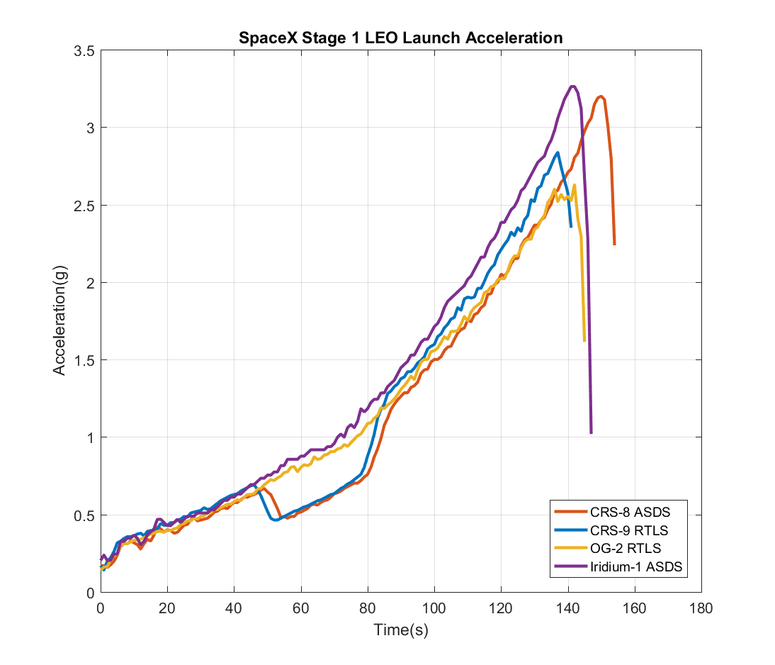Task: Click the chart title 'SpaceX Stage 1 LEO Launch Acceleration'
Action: pos(400,38)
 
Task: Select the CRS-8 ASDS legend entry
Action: pos(628,512)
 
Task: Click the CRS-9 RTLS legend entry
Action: pos(628,530)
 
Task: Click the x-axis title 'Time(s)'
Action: pos(400,629)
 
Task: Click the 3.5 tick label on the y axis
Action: pos(84,51)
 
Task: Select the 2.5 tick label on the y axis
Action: pos(84,206)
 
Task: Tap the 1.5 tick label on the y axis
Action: pos(84,360)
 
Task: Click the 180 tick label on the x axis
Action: pos(701,608)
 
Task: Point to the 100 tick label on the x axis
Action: pos(434,608)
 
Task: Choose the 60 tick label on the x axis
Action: pos(300,608)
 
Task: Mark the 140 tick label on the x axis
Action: pos(567,608)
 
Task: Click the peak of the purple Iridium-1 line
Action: pos(572,86)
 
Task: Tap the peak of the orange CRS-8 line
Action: pos(601,96)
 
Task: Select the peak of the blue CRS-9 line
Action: pos(558,152)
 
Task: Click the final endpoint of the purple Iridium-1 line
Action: pos(591,432)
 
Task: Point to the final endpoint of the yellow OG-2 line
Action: pos(584,341)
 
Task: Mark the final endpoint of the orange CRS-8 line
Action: pos(614,245)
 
